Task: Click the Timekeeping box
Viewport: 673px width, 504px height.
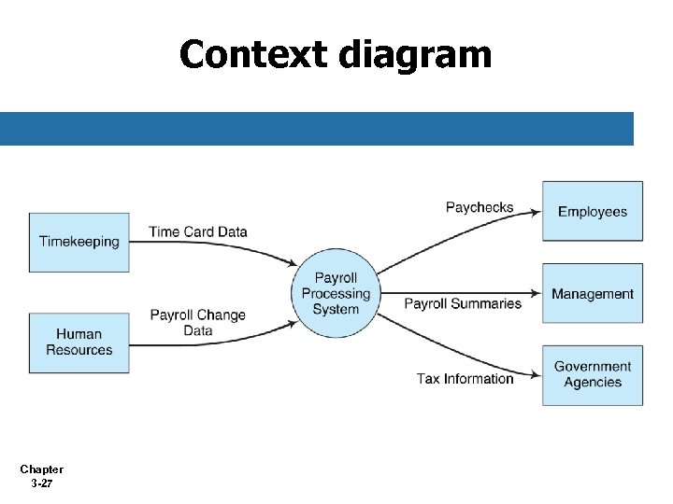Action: click(79, 242)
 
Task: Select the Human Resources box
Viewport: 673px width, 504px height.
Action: click(79, 343)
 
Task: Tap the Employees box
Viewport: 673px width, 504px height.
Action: click(593, 212)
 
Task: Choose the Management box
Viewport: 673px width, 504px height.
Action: click(593, 294)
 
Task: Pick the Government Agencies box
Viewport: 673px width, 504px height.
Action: click(593, 375)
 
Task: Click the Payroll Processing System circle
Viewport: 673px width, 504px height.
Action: click(336, 294)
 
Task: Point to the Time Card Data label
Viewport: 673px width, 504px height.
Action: click(197, 232)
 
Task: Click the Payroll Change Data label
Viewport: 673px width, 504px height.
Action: click(197, 322)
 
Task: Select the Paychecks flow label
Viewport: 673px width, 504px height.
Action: click(480, 207)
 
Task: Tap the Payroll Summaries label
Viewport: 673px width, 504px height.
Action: click(463, 303)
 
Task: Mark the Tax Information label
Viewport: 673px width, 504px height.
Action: click(465, 378)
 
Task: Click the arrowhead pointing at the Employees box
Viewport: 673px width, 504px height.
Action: click(536, 212)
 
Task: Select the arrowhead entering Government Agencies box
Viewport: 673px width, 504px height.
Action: click(536, 375)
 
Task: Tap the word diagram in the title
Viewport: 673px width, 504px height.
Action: click(415, 56)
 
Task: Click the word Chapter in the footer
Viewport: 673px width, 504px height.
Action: click(41, 469)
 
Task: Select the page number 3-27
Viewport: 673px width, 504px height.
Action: click(41, 483)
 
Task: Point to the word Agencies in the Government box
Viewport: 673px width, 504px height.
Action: click(593, 383)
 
